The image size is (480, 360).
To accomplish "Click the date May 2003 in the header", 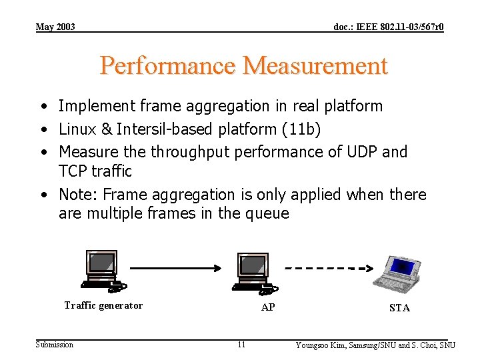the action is click(55, 27).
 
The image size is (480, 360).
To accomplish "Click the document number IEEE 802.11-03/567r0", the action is click(389, 27).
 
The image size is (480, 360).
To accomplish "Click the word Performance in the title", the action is click(168, 66).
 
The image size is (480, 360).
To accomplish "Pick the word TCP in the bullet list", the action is click(73, 171).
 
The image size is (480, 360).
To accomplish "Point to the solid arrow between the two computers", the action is click(175, 268).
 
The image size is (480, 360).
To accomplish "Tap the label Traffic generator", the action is click(103, 305).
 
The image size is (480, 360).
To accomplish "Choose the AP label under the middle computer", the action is click(268, 307).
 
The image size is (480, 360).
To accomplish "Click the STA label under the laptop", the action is click(399, 308).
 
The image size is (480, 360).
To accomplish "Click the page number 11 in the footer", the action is click(241, 345).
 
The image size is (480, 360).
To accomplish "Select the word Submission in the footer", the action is click(55, 344).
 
